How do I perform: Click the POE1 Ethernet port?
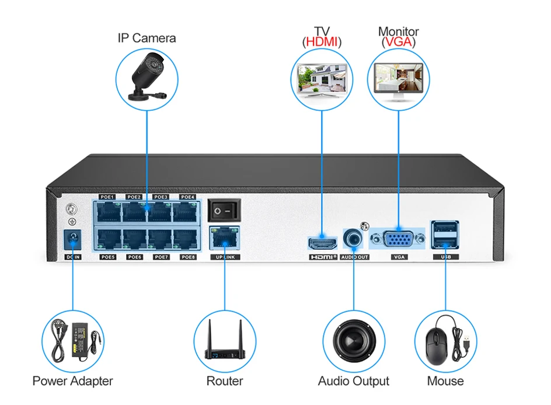108,212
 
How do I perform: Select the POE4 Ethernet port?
187,212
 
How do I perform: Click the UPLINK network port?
224,237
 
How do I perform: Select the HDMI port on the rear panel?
322,243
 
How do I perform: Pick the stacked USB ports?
446,235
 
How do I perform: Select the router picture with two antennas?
224,340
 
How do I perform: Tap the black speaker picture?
353,340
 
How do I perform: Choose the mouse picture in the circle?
445,340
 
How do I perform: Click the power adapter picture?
72,340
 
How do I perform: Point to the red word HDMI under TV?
322,42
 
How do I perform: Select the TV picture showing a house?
322,80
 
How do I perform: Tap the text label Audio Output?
353,381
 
